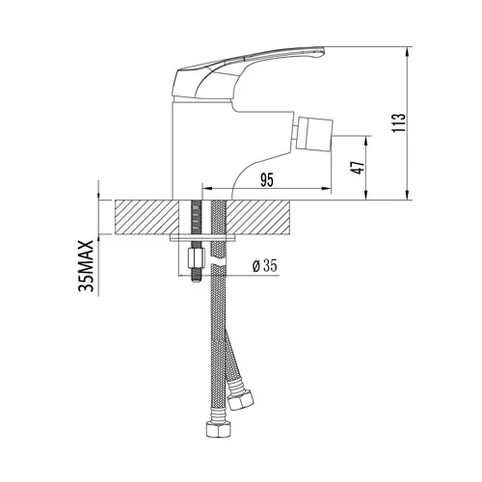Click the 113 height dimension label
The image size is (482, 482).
pyautogui.click(x=398, y=122)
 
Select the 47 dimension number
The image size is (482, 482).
pyautogui.click(x=359, y=167)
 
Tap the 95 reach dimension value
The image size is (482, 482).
pyautogui.click(x=267, y=180)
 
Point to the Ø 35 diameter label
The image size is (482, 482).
pyautogui.click(x=265, y=266)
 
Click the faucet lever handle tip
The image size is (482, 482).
pyautogui.click(x=323, y=51)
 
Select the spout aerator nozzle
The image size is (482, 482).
pyautogui.click(x=315, y=134)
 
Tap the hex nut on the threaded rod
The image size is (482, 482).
pyautogui.click(x=196, y=257)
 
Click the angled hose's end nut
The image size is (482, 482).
pyautogui.click(x=240, y=399)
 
